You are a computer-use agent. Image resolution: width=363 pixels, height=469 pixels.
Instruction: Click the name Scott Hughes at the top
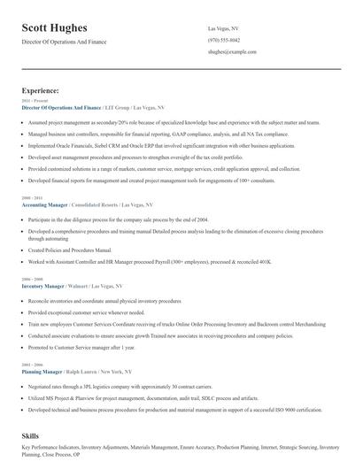pos(60,28)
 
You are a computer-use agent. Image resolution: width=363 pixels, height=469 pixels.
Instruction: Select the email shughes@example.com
pos(232,52)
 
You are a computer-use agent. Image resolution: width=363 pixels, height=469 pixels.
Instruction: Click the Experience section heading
pos(41,90)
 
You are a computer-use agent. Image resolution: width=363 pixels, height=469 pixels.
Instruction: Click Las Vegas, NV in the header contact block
pos(224,28)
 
